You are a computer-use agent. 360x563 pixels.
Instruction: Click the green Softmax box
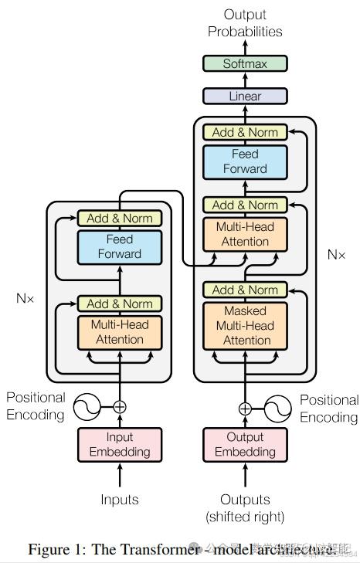[x=245, y=63]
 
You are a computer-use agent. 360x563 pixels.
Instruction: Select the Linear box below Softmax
[x=245, y=97]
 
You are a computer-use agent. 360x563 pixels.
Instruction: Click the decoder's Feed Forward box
[x=245, y=161]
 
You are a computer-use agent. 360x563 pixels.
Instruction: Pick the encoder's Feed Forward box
[x=120, y=246]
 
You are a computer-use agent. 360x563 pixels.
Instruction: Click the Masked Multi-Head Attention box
[x=245, y=325]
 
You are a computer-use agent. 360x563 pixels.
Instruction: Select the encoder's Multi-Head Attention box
[x=120, y=332]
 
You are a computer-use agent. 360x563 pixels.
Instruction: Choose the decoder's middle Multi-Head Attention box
[x=245, y=233]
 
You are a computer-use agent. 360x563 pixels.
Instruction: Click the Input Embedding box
[x=120, y=444]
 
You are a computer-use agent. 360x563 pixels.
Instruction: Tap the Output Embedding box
[x=245, y=444]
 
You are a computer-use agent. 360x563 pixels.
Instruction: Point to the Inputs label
[x=120, y=500]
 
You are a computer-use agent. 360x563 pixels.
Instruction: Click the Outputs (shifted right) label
[x=245, y=507]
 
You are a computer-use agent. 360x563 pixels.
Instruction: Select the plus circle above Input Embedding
[x=120, y=406]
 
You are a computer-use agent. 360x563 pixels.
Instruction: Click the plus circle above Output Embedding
[x=245, y=409]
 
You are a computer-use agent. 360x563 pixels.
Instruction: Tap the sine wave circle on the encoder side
[x=87, y=406]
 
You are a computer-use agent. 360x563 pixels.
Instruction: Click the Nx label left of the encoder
[x=25, y=297]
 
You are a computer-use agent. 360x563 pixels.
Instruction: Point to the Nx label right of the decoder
[x=336, y=253]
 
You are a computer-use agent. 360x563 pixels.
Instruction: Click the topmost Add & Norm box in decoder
[x=245, y=132]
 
